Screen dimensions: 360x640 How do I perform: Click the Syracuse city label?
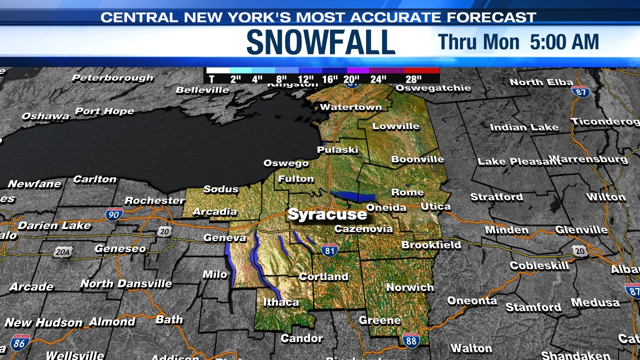tap(327, 214)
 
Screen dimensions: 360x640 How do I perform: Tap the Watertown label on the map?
tap(350, 107)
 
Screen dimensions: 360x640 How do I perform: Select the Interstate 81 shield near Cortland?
tap(329, 250)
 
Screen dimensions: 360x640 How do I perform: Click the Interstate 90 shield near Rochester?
tap(114, 214)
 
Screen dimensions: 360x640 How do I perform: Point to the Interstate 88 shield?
tap(411, 340)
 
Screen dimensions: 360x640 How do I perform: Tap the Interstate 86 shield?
tap(20, 342)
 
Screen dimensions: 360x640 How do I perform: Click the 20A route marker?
tap(62, 252)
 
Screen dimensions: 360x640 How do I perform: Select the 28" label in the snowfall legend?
tap(413, 79)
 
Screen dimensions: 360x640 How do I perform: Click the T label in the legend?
tap(211, 79)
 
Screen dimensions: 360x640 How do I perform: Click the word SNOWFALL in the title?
tap(321, 43)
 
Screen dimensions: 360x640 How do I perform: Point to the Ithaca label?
tap(280, 302)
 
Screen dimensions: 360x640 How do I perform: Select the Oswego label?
tap(286, 163)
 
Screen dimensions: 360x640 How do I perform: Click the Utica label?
tap(435, 206)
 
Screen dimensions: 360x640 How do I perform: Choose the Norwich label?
tap(410, 287)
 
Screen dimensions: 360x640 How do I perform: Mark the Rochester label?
tap(154, 200)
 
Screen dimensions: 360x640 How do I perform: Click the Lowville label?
tap(395, 126)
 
